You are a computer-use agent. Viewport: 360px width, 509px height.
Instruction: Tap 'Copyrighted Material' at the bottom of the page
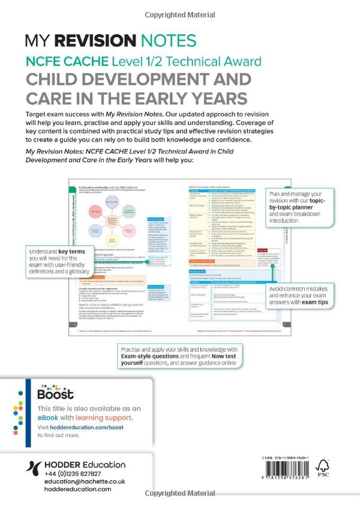180,493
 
